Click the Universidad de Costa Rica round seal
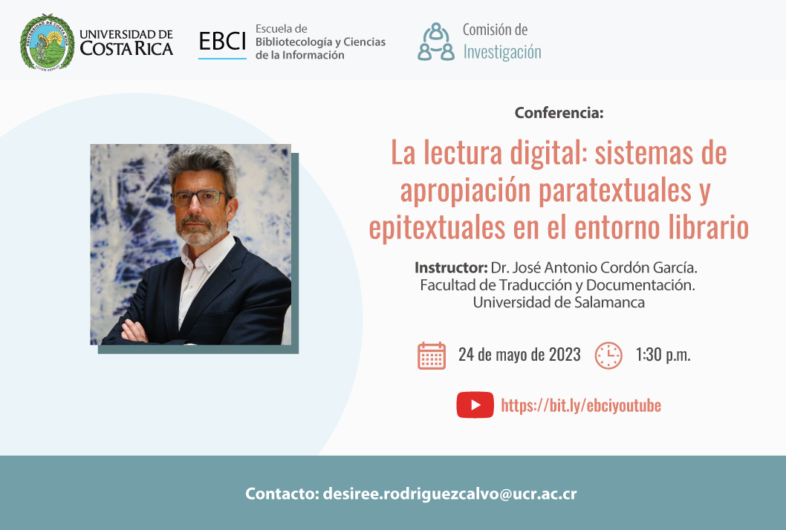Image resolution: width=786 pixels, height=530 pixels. point(47,42)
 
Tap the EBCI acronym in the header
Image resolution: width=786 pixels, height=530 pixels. point(222,41)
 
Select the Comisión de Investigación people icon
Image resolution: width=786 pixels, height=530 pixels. point(436,42)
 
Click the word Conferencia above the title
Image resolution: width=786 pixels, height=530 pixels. point(559,113)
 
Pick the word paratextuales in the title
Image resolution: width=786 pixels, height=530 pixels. point(614,190)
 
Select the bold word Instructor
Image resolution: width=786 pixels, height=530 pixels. point(451,267)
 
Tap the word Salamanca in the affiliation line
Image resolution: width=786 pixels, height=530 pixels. point(609,302)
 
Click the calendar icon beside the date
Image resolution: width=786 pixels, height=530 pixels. point(432,356)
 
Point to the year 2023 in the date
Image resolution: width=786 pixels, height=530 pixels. point(565,355)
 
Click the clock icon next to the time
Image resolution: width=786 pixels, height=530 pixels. point(608,356)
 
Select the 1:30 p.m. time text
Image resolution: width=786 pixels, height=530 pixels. point(663,355)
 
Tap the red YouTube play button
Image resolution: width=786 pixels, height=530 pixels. point(475,405)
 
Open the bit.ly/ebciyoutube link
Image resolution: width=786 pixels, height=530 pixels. point(581,405)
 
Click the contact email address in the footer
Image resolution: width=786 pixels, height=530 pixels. point(449,494)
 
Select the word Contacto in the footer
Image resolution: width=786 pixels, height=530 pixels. point(282,494)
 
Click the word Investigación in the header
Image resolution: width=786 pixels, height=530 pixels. point(502,52)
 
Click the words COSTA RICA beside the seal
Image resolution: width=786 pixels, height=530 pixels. point(126,48)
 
